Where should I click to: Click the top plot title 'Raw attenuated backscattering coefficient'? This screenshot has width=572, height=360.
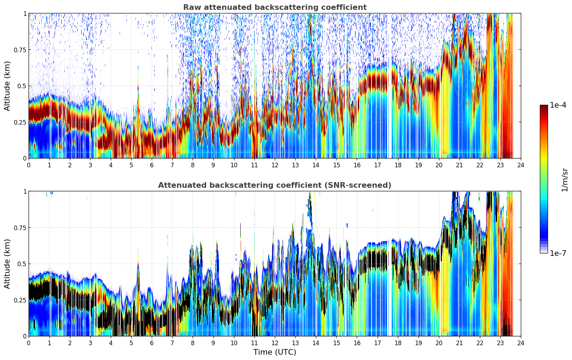[275, 7]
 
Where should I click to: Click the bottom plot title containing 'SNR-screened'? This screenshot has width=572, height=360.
[275, 185]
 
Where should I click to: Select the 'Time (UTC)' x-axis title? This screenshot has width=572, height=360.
[275, 352]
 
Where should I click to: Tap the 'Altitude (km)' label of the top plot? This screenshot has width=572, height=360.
[7, 86]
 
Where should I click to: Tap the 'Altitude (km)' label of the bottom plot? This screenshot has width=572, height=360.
[7, 264]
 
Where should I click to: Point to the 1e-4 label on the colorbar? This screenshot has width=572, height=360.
[558, 105]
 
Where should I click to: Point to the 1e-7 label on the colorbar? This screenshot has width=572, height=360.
[558, 253]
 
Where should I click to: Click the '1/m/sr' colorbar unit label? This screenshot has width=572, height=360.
[565, 180]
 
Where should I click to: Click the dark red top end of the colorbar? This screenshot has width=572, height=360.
[544, 107]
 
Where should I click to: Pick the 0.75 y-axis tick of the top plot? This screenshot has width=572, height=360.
[20, 50]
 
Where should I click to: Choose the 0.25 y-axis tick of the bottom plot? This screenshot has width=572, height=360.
[20, 300]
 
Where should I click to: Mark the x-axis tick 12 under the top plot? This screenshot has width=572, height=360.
[275, 165]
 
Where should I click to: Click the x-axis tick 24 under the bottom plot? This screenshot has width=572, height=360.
[521, 343]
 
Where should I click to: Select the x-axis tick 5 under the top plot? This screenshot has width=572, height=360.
[131, 165]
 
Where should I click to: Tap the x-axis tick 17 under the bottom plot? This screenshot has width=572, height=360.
[378, 343]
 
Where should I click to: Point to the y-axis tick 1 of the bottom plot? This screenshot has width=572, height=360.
[25, 192]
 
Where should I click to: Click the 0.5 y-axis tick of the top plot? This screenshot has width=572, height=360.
[22, 86]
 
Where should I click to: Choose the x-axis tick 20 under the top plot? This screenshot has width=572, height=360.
[439, 165]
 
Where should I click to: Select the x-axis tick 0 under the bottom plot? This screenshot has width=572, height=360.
[29, 343]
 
